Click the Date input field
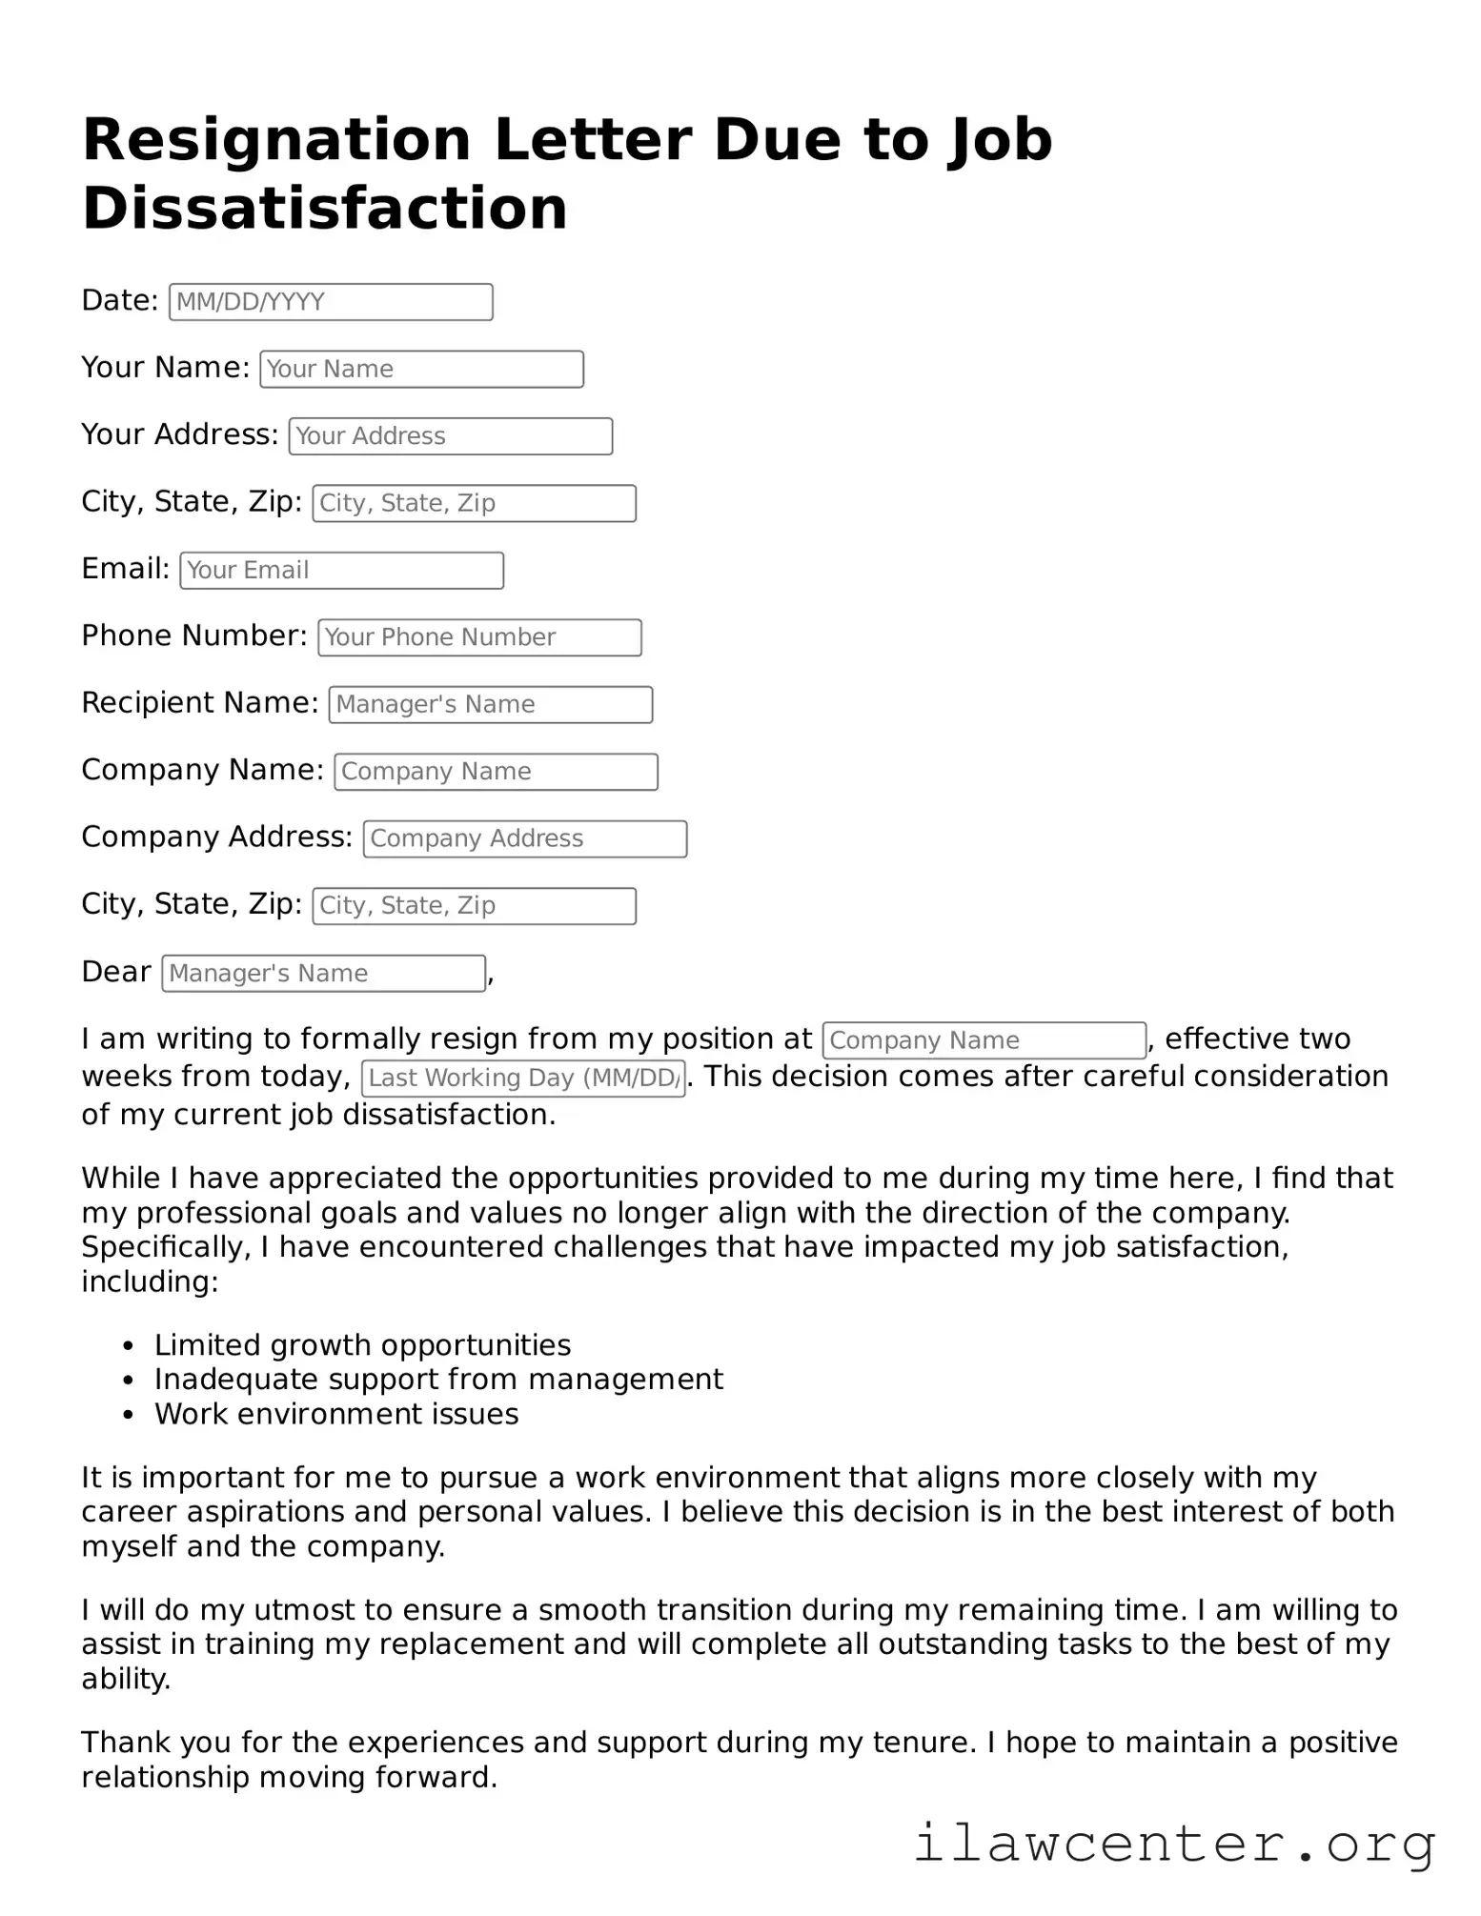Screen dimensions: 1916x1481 click(331, 302)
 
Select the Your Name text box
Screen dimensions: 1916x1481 click(421, 370)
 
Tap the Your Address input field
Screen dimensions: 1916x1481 click(450, 436)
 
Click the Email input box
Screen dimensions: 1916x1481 click(341, 571)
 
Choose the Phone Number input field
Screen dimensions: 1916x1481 click(479, 637)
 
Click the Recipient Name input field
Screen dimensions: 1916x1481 click(490, 705)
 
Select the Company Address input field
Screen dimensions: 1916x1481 click(524, 839)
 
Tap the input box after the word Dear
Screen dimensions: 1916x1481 click(323, 974)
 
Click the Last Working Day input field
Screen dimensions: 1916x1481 click(523, 1079)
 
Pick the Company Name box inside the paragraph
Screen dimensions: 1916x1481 click(984, 1040)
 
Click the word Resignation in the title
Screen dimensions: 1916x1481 click(276, 140)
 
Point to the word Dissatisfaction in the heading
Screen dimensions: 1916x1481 click(324, 209)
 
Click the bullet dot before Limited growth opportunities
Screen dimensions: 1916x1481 click(129, 1346)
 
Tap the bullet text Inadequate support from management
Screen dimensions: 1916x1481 click(438, 1380)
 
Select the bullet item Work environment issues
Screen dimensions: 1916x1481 click(336, 1414)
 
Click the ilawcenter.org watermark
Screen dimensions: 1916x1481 click(1174, 1845)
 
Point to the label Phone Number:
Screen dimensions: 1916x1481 click(194, 635)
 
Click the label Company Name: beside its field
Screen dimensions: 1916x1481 click(202, 770)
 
